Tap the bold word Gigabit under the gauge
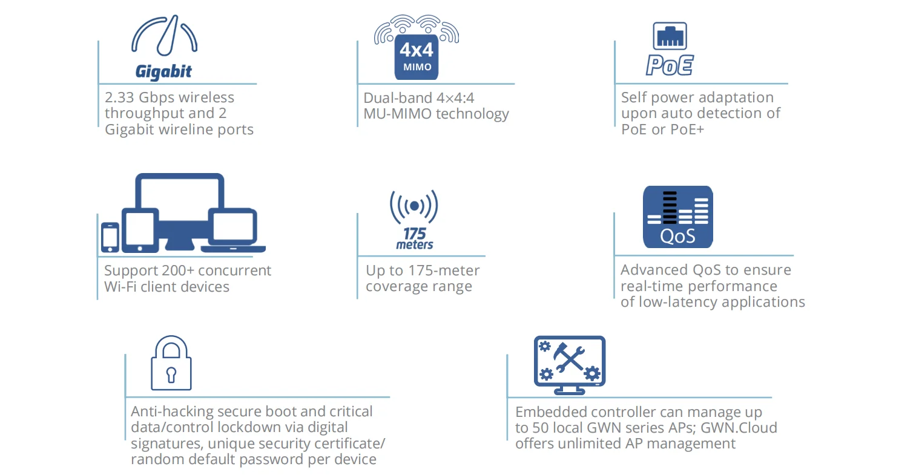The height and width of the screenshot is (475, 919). tap(163, 72)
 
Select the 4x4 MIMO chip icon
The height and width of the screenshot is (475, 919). tap(417, 57)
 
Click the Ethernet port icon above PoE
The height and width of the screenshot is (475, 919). tap(670, 36)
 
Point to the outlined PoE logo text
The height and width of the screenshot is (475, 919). tap(670, 65)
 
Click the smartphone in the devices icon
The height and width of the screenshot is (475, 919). tap(110, 237)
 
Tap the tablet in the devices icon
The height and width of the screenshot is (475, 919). tap(140, 231)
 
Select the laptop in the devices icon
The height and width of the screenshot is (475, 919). tap(233, 232)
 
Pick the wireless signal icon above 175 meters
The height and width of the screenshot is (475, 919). tap(414, 206)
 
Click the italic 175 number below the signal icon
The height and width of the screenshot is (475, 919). tap(415, 234)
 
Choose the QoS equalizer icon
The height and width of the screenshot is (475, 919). tap(677, 217)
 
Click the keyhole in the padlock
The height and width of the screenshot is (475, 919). tap(171, 375)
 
